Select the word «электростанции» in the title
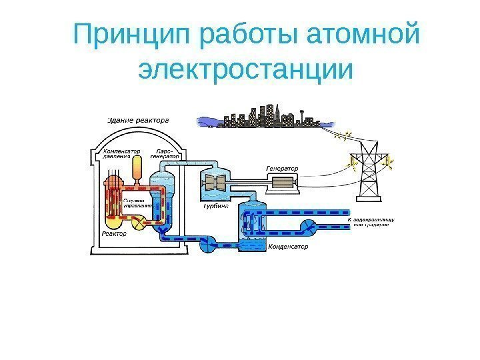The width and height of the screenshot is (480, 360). (x=244, y=71)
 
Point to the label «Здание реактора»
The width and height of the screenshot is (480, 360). (x=138, y=121)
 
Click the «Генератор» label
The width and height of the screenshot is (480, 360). (x=282, y=168)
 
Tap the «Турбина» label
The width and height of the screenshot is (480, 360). (x=215, y=207)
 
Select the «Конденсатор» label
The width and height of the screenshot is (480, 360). (x=289, y=247)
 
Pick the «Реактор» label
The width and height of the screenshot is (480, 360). (x=115, y=234)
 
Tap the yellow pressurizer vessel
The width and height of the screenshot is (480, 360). (x=137, y=169)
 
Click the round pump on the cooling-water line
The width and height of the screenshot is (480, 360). (x=311, y=227)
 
